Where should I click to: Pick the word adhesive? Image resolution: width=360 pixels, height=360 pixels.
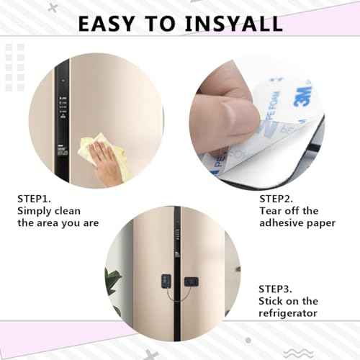pyautogui.click(x=284, y=223)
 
